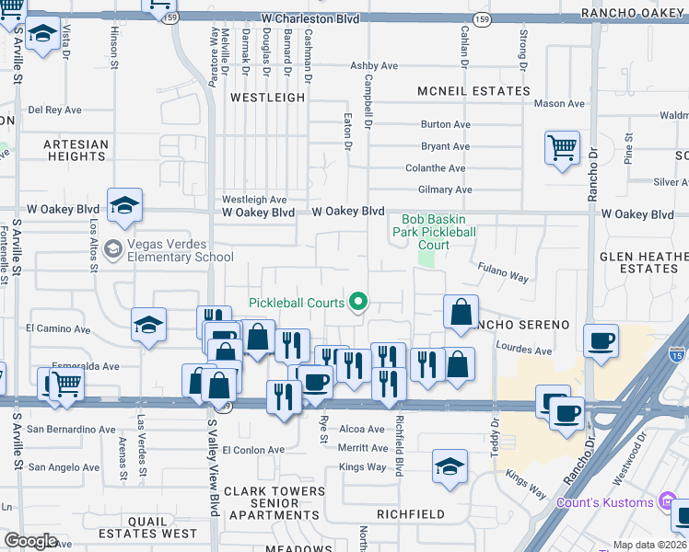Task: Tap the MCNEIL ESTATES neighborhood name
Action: point(473,91)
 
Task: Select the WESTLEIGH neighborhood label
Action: point(267,97)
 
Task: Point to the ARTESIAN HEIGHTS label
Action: point(76,150)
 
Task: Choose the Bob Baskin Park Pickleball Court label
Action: point(434,232)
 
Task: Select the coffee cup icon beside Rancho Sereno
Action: point(601,341)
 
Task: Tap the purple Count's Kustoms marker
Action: point(668,501)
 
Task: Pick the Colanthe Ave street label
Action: point(436,168)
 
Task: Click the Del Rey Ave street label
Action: point(55,109)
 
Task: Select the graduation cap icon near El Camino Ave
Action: point(148,325)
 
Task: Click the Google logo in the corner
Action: point(31,541)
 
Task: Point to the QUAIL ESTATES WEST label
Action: point(150,526)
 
